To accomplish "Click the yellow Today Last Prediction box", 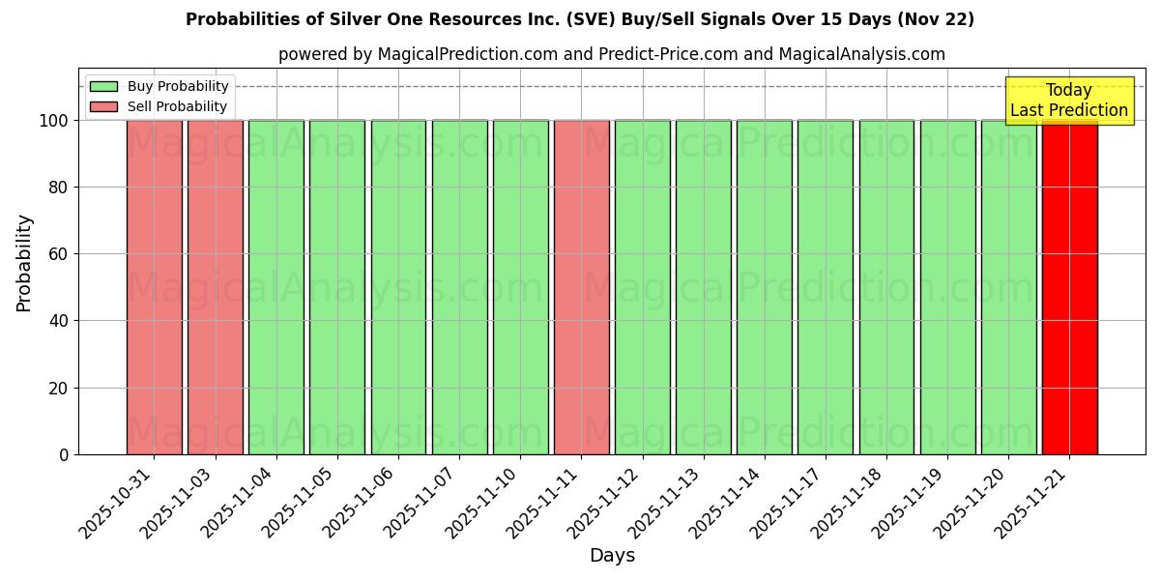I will (1069, 101).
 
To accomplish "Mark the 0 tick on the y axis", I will (63, 454).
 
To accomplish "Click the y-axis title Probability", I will (24, 262).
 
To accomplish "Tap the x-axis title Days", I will (612, 556).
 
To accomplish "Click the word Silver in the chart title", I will (352, 19).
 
